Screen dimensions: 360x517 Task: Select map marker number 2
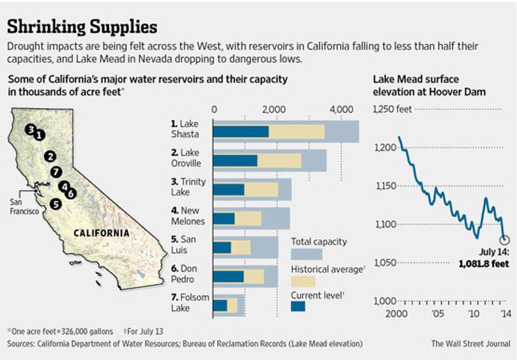tap(50, 155)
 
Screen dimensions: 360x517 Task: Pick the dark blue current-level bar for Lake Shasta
tap(241, 131)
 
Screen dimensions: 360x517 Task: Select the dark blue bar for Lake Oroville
tap(235, 160)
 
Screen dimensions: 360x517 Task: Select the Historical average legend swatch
tap(303, 281)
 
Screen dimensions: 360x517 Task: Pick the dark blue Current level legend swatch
tap(298, 306)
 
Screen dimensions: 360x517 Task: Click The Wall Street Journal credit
tap(470, 344)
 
